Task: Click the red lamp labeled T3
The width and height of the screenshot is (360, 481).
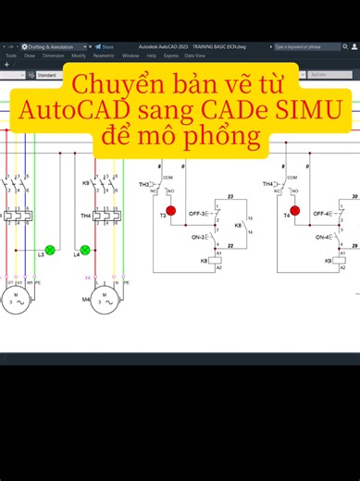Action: click(x=170, y=211)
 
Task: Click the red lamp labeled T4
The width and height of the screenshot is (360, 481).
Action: click(x=295, y=211)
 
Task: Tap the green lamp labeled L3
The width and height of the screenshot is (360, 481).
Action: click(x=51, y=250)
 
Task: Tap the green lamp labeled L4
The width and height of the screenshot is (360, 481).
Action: click(x=85, y=250)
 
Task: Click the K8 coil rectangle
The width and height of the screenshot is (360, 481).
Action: click(x=216, y=261)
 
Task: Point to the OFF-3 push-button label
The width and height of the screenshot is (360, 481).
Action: click(x=196, y=214)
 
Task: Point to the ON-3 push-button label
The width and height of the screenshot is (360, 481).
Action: click(x=197, y=237)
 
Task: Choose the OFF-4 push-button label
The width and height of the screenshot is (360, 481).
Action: click(x=321, y=214)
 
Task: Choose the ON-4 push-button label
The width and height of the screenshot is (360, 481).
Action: click(x=322, y=237)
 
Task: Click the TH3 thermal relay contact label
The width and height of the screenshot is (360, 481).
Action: click(x=144, y=184)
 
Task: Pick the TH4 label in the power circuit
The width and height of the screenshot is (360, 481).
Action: click(x=85, y=216)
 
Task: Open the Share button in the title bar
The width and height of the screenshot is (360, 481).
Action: click(x=106, y=46)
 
